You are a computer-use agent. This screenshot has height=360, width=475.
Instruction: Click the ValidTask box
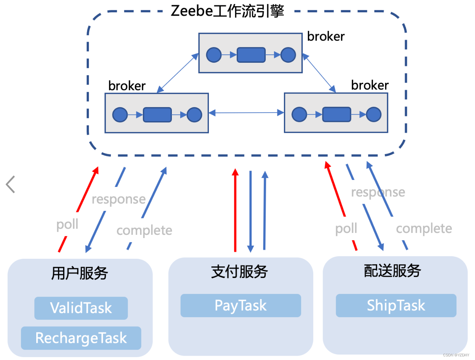click(x=81, y=308)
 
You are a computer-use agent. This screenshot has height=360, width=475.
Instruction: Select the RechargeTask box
click(x=81, y=338)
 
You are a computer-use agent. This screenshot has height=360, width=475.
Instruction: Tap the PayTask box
click(x=241, y=306)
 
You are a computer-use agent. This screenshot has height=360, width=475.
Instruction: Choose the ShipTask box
click(x=396, y=306)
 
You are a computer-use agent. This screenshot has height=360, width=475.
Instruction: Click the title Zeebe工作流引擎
click(x=227, y=11)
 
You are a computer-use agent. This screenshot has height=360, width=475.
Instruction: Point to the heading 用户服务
click(x=79, y=273)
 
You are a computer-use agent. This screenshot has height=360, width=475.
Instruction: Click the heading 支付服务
click(x=239, y=272)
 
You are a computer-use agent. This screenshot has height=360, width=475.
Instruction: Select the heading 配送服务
click(x=392, y=271)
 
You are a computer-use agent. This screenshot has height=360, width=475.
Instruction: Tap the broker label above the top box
click(x=326, y=36)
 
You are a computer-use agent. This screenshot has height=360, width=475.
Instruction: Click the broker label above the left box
click(x=127, y=86)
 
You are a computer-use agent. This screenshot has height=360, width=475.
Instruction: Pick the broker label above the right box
click(x=370, y=85)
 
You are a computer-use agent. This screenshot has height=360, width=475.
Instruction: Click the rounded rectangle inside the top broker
click(x=251, y=55)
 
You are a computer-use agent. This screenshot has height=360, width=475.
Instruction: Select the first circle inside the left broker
click(x=120, y=115)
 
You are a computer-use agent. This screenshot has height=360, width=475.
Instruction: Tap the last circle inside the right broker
click(x=373, y=114)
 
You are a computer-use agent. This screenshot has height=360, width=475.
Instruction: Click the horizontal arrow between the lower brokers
click(x=246, y=113)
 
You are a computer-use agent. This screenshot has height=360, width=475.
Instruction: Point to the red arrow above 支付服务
click(x=235, y=210)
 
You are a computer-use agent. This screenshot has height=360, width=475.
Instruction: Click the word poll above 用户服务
click(x=67, y=224)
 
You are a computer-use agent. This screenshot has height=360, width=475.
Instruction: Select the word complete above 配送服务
click(x=424, y=229)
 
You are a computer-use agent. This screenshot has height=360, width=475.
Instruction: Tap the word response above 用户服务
click(x=119, y=199)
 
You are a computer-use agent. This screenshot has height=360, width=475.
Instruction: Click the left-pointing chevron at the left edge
click(x=11, y=184)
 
